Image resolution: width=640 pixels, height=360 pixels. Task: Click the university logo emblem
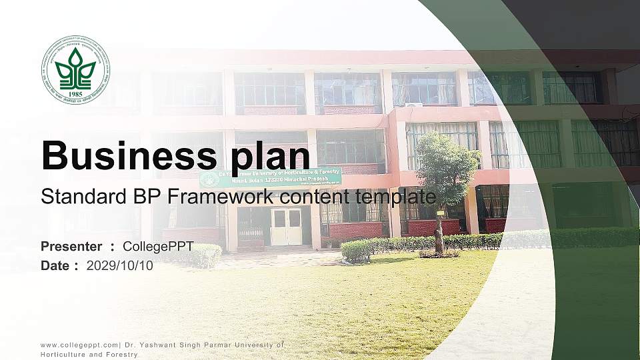click(x=76, y=69)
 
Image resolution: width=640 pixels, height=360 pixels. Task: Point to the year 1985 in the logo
click(x=76, y=94)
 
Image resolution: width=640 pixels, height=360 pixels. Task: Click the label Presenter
click(x=71, y=247)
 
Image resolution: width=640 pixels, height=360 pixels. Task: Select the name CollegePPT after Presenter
click(x=158, y=247)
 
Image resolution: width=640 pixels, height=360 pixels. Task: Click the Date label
click(x=55, y=265)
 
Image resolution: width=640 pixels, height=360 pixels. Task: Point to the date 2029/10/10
click(x=119, y=265)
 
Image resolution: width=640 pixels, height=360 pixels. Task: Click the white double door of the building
click(x=286, y=227)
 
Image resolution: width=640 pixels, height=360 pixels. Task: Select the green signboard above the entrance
click(x=271, y=177)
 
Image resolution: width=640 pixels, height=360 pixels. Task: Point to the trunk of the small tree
click(x=439, y=233)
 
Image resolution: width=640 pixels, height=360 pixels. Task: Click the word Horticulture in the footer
click(x=63, y=355)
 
